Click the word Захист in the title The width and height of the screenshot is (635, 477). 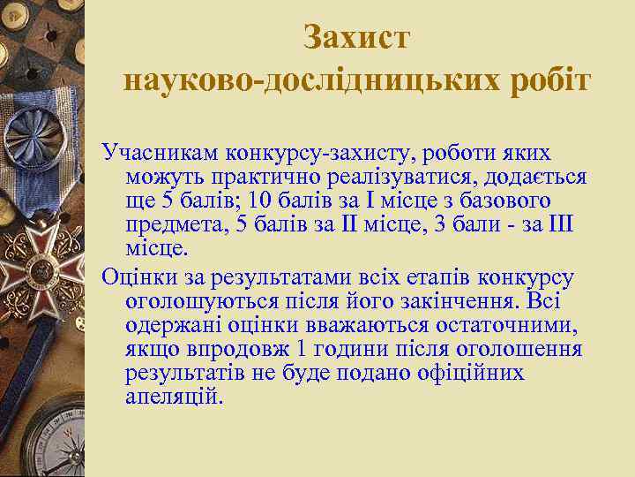[356, 37]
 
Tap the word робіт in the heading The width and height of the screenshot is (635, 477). [542, 80]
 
